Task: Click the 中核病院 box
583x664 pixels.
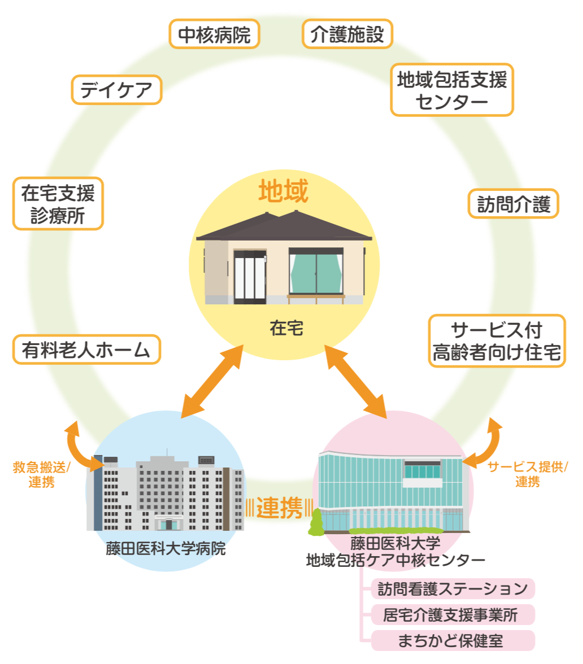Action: click(x=214, y=35)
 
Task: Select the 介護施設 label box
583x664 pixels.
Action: click(x=347, y=34)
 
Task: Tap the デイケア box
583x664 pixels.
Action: click(x=117, y=90)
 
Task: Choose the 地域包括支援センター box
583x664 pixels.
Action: click(x=452, y=90)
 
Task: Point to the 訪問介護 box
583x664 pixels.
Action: click(x=514, y=203)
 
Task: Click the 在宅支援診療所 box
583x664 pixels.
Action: click(x=58, y=204)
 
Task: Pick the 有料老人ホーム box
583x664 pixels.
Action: click(x=86, y=350)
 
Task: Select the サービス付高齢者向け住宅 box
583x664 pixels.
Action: click(x=497, y=340)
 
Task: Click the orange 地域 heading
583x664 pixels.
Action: click(x=284, y=192)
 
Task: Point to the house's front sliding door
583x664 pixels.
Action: click(x=250, y=277)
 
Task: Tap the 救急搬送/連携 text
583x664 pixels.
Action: click(x=41, y=475)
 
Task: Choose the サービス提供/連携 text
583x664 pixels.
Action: click(x=528, y=474)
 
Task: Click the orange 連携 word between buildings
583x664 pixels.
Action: click(x=279, y=508)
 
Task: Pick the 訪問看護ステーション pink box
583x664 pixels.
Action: click(x=453, y=589)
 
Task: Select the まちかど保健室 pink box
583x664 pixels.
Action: click(x=453, y=641)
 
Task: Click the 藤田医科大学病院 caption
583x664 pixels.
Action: click(x=166, y=548)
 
